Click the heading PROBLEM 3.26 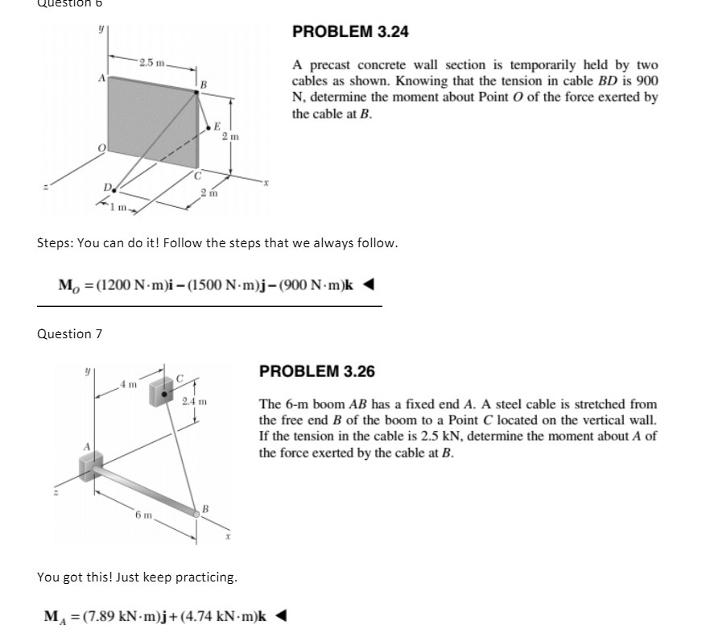[316, 372]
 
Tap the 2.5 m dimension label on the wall [151, 63]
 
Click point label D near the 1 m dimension [107, 188]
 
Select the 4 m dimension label [127, 383]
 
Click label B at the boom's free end [206, 508]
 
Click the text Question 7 [70, 333]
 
